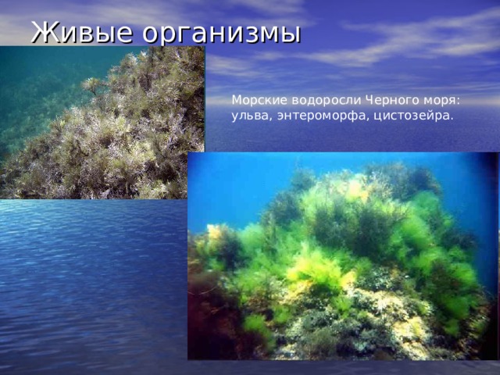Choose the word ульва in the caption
tap(248, 116)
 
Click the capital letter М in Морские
tap(237, 101)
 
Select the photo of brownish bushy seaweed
tap(102, 125)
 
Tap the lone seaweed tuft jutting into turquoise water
tap(93, 84)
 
